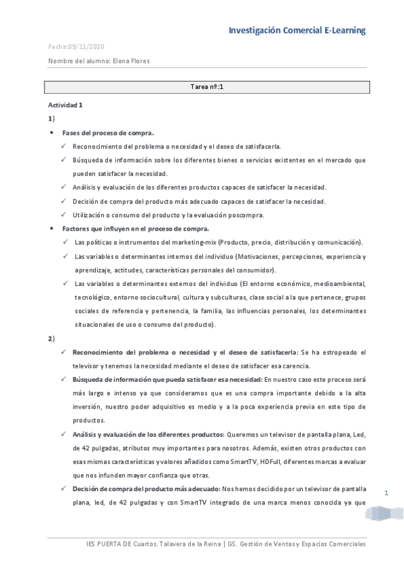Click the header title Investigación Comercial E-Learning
click(297, 30)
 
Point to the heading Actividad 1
click(65, 105)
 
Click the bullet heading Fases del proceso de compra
click(108, 132)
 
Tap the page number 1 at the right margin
click(386, 493)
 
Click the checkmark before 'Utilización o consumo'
click(63, 215)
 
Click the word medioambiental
click(335, 284)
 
